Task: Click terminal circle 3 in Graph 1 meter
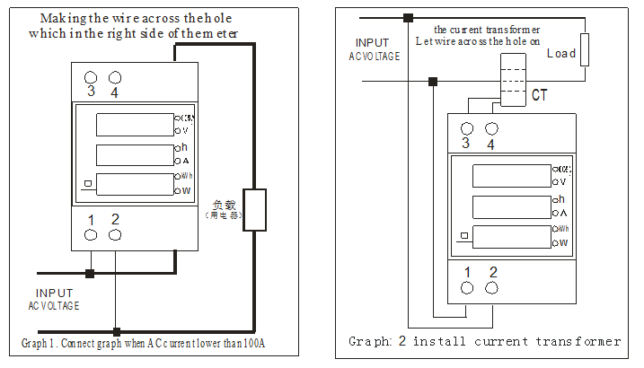[91, 76]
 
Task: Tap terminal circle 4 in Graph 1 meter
[114, 76]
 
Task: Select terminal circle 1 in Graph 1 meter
[91, 235]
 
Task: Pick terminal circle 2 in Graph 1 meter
[114, 235]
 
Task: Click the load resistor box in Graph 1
[255, 210]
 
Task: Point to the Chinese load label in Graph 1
[224, 208]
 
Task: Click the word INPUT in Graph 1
[54, 294]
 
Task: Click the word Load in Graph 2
[561, 54]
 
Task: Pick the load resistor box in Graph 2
[585, 49]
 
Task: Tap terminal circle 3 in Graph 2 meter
[466, 129]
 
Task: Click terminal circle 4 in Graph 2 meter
[490, 129]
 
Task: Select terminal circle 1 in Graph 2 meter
[467, 287]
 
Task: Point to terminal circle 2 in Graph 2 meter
[491, 287]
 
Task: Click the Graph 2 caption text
[484, 341]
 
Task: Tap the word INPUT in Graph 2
[373, 43]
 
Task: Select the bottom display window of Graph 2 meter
[509, 237]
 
